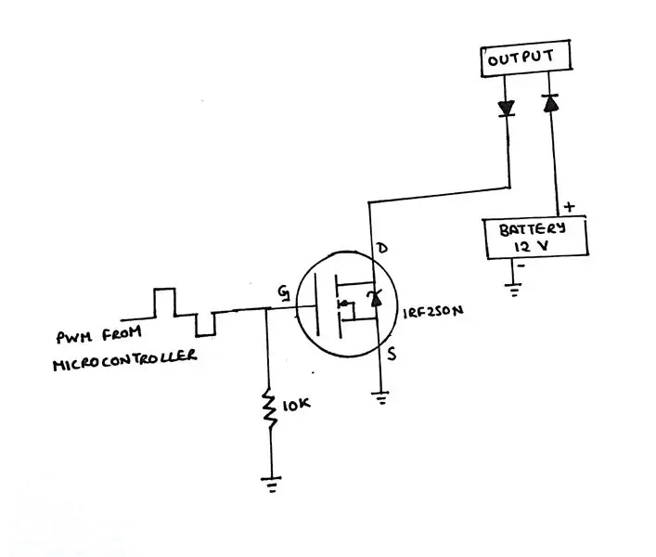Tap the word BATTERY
coord(533,229)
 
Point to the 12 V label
coord(532,247)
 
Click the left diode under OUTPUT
coord(507,109)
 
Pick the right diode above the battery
coord(550,103)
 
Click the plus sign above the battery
coord(570,206)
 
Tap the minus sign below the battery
coord(521,266)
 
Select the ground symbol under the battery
coord(513,289)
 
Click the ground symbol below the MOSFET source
coord(380,397)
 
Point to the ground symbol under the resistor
coord(272,484)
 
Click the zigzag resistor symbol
coord(269,408)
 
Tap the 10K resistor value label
coord(297,405)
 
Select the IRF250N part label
coord(433,312)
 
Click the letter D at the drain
coord(382,248)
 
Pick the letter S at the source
coord(392,355)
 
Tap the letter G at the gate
coord(284,293)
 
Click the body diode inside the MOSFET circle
coord(375,298)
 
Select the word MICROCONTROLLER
coord(124,360)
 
